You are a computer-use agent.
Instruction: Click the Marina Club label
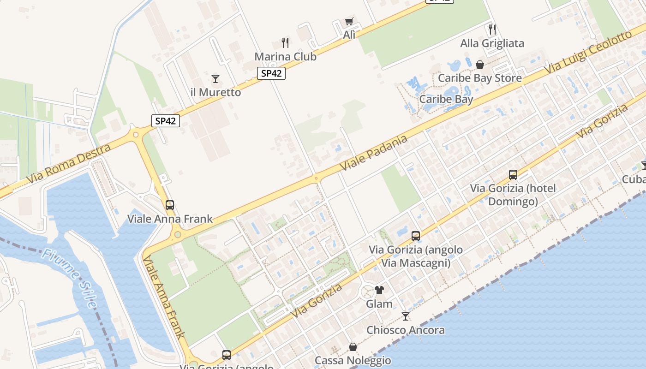(285, 57)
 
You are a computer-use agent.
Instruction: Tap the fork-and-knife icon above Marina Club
(285, 43)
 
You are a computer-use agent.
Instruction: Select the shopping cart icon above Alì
(349, 21)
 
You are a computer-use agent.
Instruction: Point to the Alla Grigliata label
(492, 43)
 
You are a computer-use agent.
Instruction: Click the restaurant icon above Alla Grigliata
(492, 30)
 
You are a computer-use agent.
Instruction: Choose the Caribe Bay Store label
(479, 78)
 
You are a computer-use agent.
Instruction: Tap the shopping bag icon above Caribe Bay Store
(480, 64)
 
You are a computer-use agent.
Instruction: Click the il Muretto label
(215, 92)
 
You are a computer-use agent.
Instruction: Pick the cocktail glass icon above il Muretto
(215, 78)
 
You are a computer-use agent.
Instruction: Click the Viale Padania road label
(374, 153)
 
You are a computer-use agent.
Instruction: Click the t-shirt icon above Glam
(379, 290)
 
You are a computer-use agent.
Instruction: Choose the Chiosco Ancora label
(405, 330)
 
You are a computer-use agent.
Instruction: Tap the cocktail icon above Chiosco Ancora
(406, 316)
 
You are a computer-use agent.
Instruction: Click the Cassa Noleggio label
(353, 360)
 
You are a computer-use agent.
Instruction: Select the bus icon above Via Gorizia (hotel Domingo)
(513, 174)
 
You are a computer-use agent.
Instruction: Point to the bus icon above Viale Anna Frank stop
(170, 205)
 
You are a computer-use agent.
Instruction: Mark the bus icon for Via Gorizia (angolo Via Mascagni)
(416, 236)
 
